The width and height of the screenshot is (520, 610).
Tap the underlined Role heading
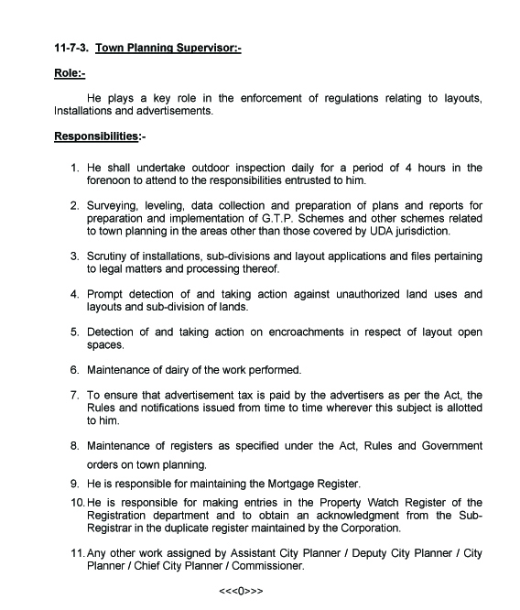point(69,72)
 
